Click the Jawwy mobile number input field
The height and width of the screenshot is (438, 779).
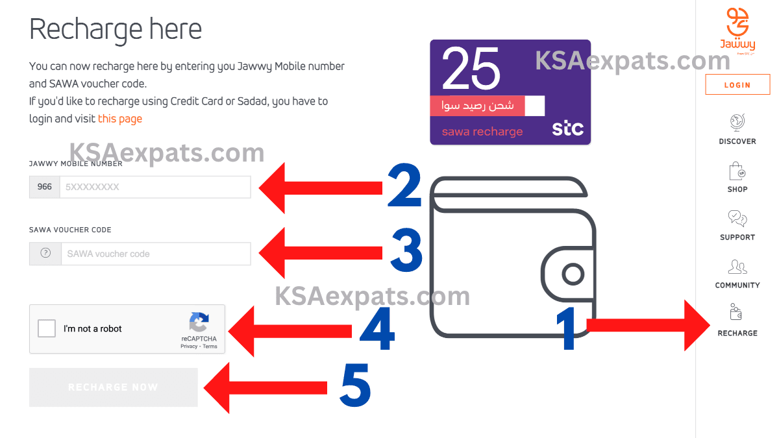[x=155, y=187]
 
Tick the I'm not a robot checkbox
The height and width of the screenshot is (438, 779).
[x=47, y=329]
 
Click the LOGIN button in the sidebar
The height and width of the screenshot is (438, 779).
[x=737, y=85]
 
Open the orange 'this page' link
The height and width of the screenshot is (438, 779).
[x=119, y=119]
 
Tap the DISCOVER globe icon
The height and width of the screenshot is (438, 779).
[x=737, y=122]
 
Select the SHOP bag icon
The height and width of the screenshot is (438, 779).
[x=737, y=171]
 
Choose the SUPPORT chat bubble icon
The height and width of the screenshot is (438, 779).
[x=737, y=219]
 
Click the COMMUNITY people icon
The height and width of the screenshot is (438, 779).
[x=737, y=267]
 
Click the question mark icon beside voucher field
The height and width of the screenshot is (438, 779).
[x=45, y=254]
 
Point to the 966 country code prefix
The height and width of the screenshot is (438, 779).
[x=45, y=187]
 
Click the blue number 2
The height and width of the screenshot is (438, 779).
[x=404, y=187]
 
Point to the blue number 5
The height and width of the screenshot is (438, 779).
[x=356, y=387]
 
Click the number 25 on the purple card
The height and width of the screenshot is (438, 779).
[x=471, y=69]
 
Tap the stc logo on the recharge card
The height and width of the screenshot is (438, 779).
[x=567, y=128]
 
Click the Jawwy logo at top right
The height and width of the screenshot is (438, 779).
[x=737, y=29]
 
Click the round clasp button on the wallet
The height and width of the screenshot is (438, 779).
[x=573, y=274]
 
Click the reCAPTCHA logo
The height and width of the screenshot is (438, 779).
[x=199, y=322]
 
